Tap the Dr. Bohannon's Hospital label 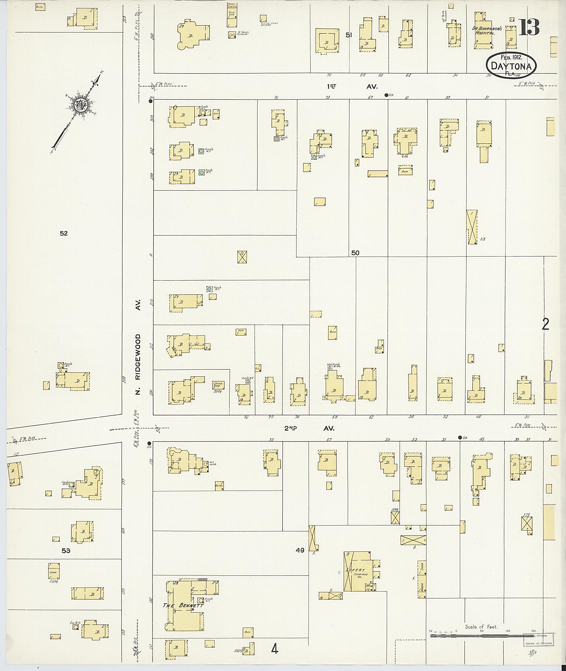[484, 30]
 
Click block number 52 [64, 233]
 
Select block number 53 [66, 551]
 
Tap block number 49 [300, 550]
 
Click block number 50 [355, 253]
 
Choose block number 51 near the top [349, 36]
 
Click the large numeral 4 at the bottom [274, 649]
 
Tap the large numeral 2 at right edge [545, 324]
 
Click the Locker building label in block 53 [53, 572]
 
